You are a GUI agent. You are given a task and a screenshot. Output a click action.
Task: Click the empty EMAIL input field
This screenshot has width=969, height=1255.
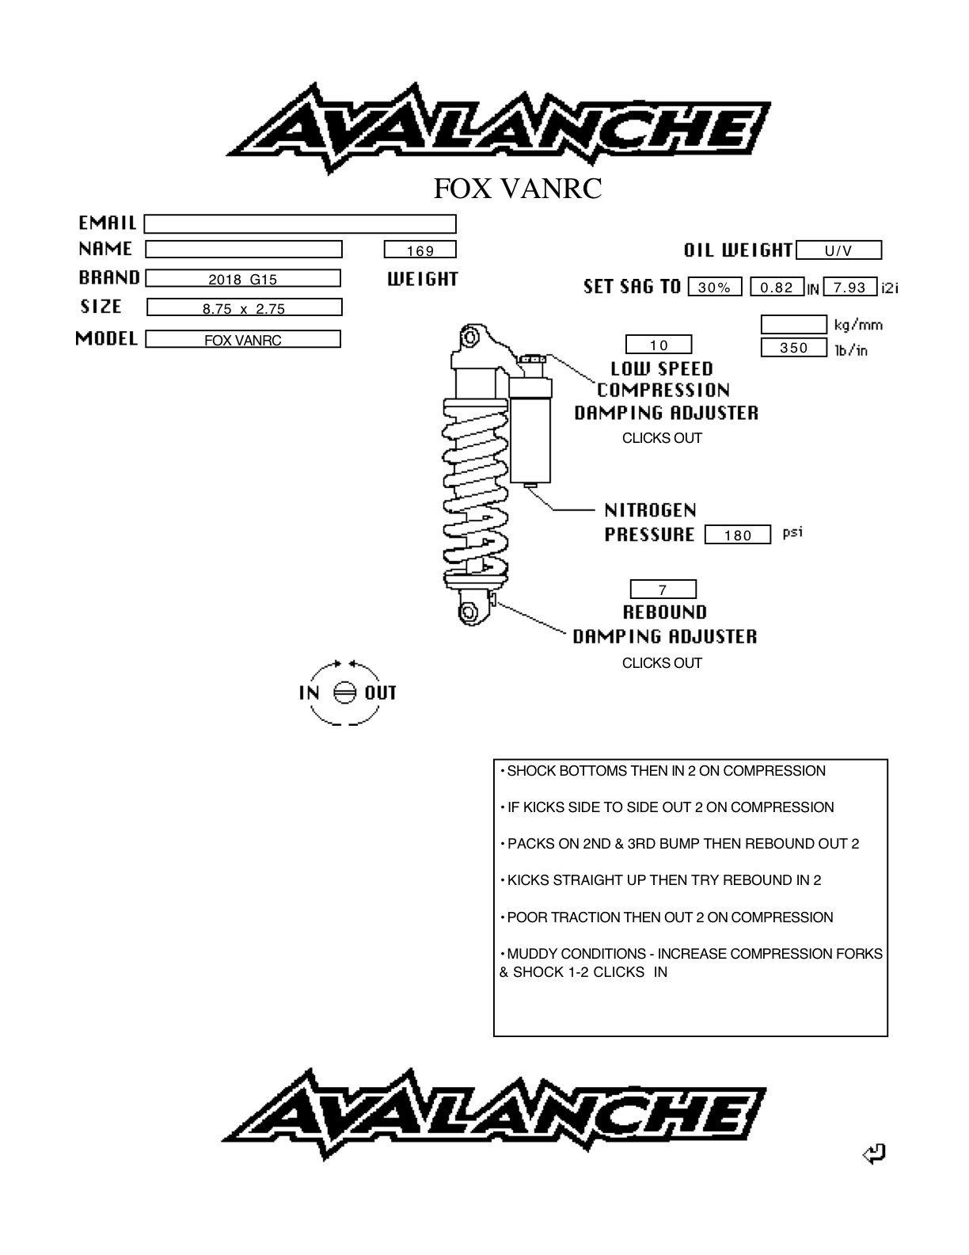[x=299, y=223]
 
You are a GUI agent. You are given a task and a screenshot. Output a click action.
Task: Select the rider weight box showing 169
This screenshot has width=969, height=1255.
[x=420, y=250]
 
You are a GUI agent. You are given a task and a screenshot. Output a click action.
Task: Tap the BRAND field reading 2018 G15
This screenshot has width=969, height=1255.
[x=243, y=278]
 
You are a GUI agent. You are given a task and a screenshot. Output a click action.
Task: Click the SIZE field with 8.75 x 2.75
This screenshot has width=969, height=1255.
[x=244, y=307]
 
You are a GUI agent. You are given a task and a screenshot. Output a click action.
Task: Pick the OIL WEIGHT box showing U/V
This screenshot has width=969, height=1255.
[x=839, y=250]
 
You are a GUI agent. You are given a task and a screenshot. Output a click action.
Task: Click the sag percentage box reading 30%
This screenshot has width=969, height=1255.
[x=715, y=287]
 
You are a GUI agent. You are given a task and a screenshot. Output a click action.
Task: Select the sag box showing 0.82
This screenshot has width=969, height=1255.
[x=777, y=287]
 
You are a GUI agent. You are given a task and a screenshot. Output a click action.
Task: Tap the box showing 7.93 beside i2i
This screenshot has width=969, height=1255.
[x=850, y=287]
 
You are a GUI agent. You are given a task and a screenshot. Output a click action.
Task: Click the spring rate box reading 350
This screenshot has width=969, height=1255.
[x=793, y=347]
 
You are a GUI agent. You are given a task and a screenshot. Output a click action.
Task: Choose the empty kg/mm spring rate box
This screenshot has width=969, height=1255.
[x=793, y=324]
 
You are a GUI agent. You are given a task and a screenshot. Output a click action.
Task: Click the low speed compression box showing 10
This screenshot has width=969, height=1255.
[x=659, y=344]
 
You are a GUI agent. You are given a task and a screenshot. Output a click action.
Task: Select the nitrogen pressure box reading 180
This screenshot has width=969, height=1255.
[x=738, y=534]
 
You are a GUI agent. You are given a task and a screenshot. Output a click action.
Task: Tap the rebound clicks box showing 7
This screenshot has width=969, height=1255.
[x=663, y=589]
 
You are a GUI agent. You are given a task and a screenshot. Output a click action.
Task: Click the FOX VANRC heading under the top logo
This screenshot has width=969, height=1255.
[x=518, y=189]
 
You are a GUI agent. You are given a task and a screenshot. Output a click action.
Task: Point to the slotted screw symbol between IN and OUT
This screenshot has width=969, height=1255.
[x=345, y=692]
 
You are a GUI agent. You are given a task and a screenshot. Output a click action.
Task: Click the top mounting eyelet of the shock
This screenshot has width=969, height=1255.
[x=470, y=336]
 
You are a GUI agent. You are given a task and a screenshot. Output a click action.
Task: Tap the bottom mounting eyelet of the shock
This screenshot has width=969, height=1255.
[x=470, y=612]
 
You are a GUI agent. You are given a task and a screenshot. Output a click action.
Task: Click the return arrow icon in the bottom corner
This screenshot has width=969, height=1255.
[x=874, y=1154]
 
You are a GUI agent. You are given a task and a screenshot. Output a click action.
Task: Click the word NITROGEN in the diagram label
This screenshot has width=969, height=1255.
[x=651, y=510]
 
